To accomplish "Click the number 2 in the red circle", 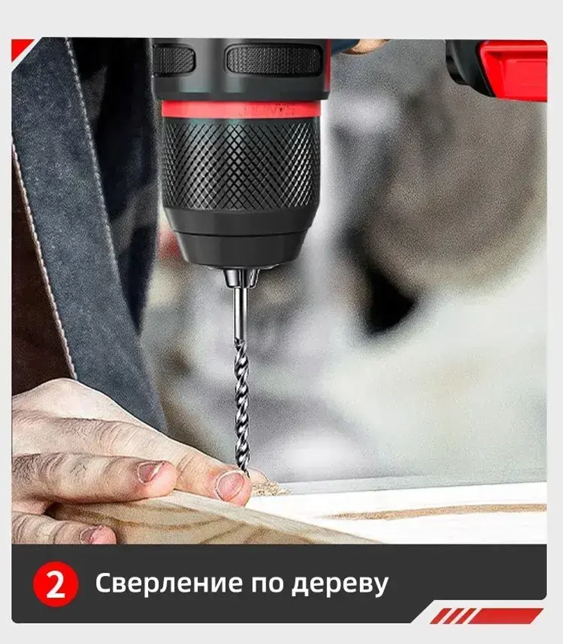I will click(x=55, y=585).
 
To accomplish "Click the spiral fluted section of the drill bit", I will click(x=242, y=405).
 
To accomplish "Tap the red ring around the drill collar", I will click(x=241, y=109).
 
